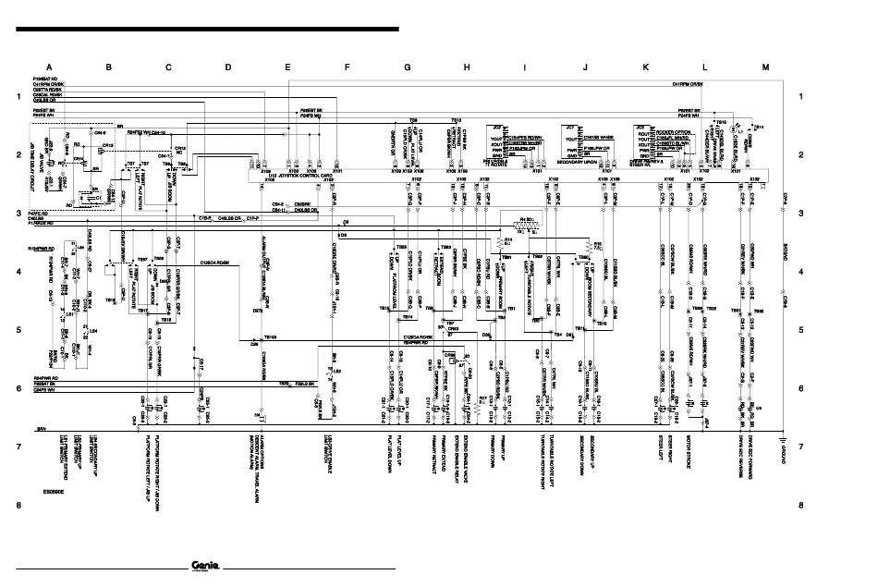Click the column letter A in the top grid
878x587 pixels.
[x=49, y=67]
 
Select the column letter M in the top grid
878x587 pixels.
[x=764, y=67]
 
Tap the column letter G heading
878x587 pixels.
[x=407, y=67]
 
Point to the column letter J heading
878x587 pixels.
[x=585, y=67]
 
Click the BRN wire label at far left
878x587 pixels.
[x=42, y=429]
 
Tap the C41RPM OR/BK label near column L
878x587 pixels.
[x=689, y=84]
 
